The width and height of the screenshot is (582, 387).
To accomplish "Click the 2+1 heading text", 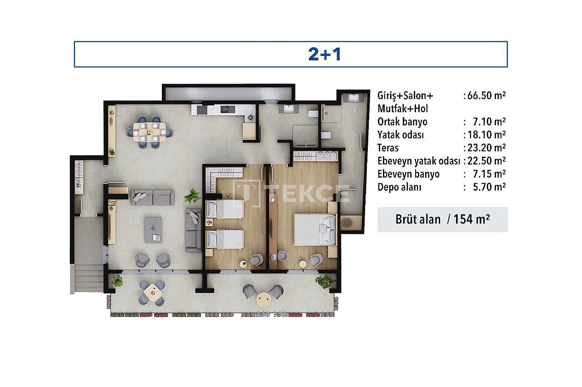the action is coord(325,54).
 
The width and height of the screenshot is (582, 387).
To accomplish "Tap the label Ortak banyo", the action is coord(402,122).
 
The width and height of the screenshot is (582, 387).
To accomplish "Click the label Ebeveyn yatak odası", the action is coord(419,161).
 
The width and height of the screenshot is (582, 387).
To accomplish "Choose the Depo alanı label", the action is coord(399,187).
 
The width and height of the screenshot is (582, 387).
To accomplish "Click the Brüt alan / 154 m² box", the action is coord(442,219).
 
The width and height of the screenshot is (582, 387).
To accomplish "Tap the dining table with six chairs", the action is coord(150,132).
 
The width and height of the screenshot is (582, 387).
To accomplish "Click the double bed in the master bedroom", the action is coord(315,229).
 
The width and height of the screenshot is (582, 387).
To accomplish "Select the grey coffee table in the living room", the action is coord(153,230).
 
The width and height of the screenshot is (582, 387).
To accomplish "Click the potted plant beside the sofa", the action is coord(192,196).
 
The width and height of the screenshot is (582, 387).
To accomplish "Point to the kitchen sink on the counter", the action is coord(228,109).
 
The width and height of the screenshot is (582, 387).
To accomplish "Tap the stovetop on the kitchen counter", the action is coord(202,110).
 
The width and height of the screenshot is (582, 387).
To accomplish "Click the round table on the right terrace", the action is coord(264,299).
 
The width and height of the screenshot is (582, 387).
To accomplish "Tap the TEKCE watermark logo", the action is coord(291,193).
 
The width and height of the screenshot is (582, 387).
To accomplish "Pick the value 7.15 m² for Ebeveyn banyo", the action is coord(489,174).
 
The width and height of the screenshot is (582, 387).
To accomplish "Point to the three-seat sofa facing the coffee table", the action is coord(152,198).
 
